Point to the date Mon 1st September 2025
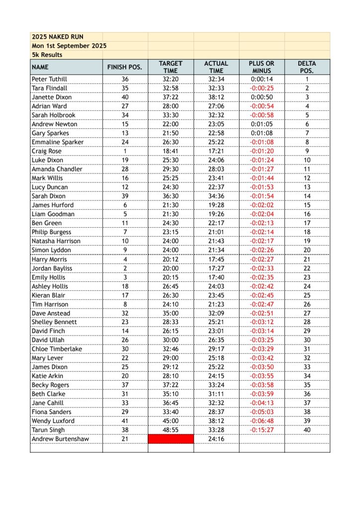coord(69,46)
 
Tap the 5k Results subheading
coord(47,55)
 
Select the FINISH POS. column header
coord(125,67)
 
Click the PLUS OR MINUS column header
coord(262,67)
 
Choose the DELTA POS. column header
coord(307,67)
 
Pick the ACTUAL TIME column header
coord(216,67)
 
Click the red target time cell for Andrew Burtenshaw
coord(171,439)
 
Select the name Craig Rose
coord(47,151)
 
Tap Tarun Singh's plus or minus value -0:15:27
coord(262,430)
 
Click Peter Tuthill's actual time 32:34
coord(216,79)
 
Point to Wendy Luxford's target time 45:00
coord(171,421)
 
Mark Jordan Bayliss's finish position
coord(125,268)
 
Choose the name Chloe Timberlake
coord(57,349)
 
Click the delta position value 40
coord(307,430)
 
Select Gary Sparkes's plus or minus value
coord(262,133)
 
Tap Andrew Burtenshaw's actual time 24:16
coord(216,439)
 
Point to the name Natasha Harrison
coord(56,241)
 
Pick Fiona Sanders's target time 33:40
coord(171,412)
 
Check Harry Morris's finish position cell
coord(125,259)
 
